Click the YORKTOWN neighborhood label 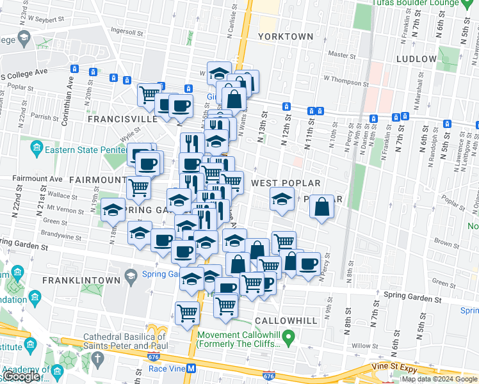[x=286, y=36]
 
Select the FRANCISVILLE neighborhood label [x=122, y=119]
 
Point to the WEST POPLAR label [x=285, y=183]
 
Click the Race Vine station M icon [x=191, y=368]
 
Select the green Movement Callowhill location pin [x=289, y=335]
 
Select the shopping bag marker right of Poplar [x=322, y=208]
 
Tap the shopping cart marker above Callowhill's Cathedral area [x=187, y=314]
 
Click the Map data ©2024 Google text [x=439, y=379]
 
